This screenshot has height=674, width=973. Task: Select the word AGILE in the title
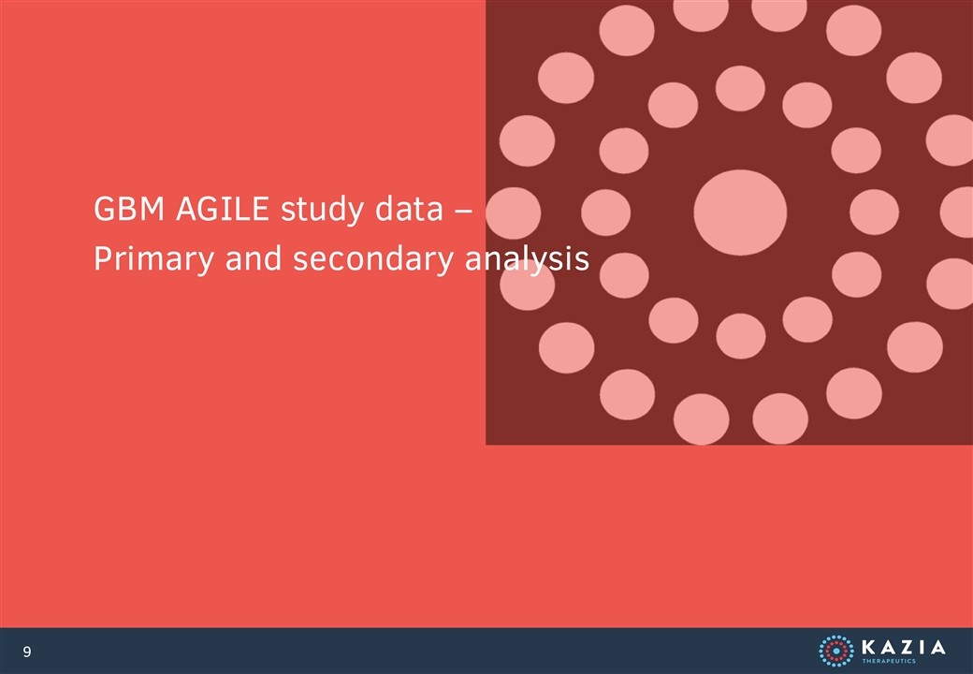coord(223,209)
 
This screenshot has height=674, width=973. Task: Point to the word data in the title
coord(409,209)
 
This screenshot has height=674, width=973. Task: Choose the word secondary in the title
coord(373,259)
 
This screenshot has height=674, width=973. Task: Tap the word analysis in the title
coord(527,259)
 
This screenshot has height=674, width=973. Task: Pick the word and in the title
coord(254,258)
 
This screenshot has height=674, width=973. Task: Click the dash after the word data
coord(463,211)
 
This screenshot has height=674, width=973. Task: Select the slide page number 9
coord(27,652)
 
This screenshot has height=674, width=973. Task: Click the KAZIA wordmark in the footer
coord(904,647)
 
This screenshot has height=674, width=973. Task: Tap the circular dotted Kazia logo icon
coord(835,651)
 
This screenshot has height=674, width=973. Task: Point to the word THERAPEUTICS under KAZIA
coord(889,661)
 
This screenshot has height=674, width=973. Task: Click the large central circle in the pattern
coord(740,212)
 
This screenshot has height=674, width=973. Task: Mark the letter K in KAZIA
coord(869,647)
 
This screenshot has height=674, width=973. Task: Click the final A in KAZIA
coord(937,647)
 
